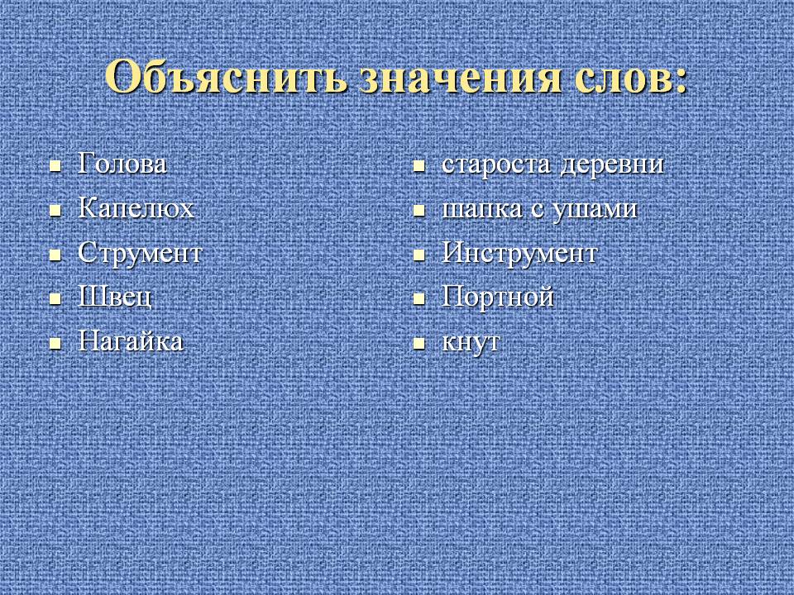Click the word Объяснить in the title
pos(226,76)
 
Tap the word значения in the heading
pos(460,78)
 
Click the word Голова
pos(122,164)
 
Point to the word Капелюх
pos(136,208)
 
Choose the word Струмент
pos(140,253)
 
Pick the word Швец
pos(114,297)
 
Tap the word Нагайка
pos(130,341)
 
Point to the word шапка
pos(481,209)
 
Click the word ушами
pos(594,209)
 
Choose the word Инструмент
pos(519,253)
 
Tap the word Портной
pos(498,297)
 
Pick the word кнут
pos(471,342)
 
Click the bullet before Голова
pos(55,166)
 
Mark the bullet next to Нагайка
pos(55,344)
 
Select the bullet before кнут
pos(419,344)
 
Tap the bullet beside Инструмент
pos(419,255)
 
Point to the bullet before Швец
pos(55,299)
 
